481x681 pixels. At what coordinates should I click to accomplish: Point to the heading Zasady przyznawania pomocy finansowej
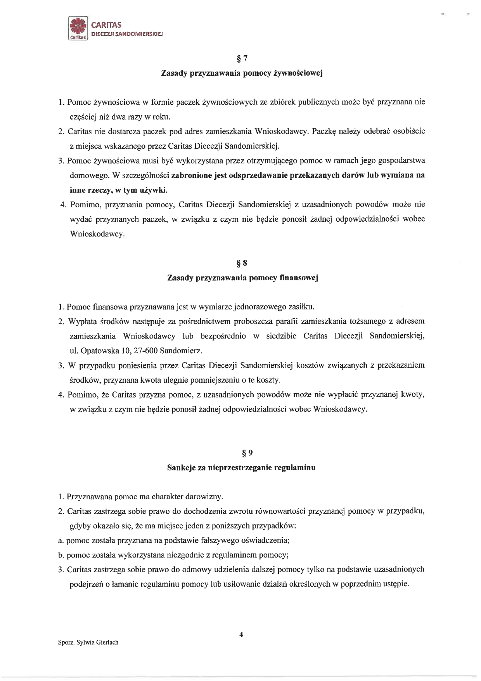[242, 278]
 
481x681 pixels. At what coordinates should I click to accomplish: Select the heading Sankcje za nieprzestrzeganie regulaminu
[241, 467]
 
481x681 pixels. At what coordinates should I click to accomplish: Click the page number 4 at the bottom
[241, 634]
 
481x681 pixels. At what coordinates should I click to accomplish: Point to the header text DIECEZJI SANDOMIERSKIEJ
[126, 34]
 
